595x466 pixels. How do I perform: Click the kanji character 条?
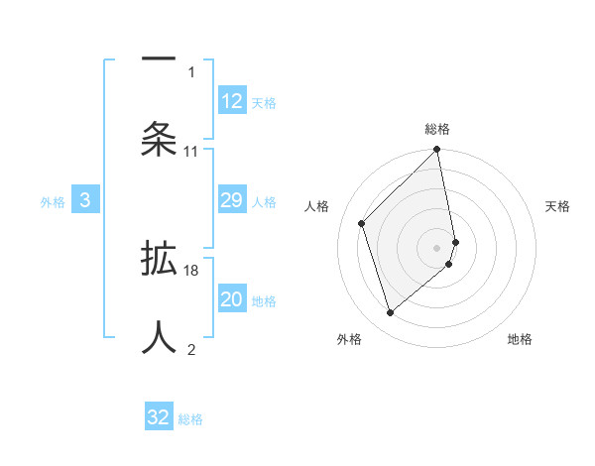(159, 139)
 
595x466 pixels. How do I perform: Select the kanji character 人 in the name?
(159, 335)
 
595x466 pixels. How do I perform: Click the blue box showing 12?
(232, 101)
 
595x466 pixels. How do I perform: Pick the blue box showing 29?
(232, 201)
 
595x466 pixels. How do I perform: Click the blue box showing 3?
(85, 201)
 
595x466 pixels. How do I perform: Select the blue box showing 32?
(159, 417)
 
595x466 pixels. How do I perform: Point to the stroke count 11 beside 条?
(191, 152)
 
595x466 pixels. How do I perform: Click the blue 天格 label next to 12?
(264, 103)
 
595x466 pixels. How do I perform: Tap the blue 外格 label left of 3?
(53, 202)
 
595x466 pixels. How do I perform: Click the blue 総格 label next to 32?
(190, 419)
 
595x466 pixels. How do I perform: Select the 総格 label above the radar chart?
(437, 129)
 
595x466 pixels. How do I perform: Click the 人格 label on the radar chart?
(317, 206)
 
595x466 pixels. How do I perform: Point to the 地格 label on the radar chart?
(520, 339)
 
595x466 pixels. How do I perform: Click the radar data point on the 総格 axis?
(437, 151)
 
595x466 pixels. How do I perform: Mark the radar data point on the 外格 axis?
(391, 312)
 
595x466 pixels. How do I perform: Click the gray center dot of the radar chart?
(437, 247)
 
